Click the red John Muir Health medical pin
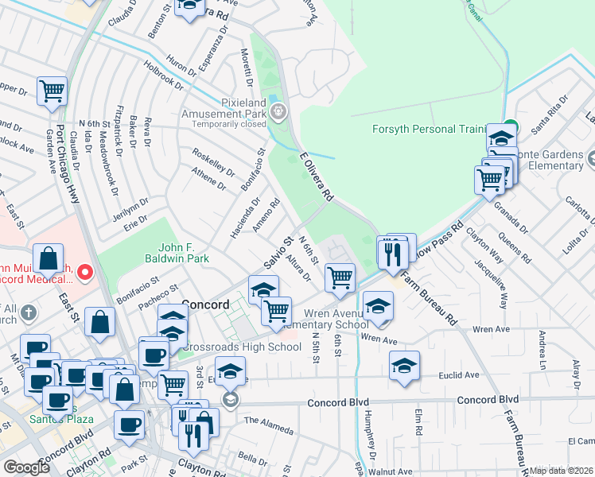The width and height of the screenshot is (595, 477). [85, 273]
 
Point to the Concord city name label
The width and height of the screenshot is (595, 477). [205, 304]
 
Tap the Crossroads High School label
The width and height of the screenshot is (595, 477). [242, 347]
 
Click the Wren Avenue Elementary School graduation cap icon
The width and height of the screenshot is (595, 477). [378, 305]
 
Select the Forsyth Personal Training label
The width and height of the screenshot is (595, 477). [430, 129]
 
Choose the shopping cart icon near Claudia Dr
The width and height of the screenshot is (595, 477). [52, 90]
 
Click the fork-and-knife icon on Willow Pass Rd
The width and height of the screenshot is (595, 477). [391, 254]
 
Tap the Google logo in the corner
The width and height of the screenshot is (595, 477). [27, 467]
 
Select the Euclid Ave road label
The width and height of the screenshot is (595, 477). [461, 374]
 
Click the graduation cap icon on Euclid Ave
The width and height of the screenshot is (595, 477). [405, 366]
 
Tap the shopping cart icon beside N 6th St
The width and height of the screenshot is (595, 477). [340, 277]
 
